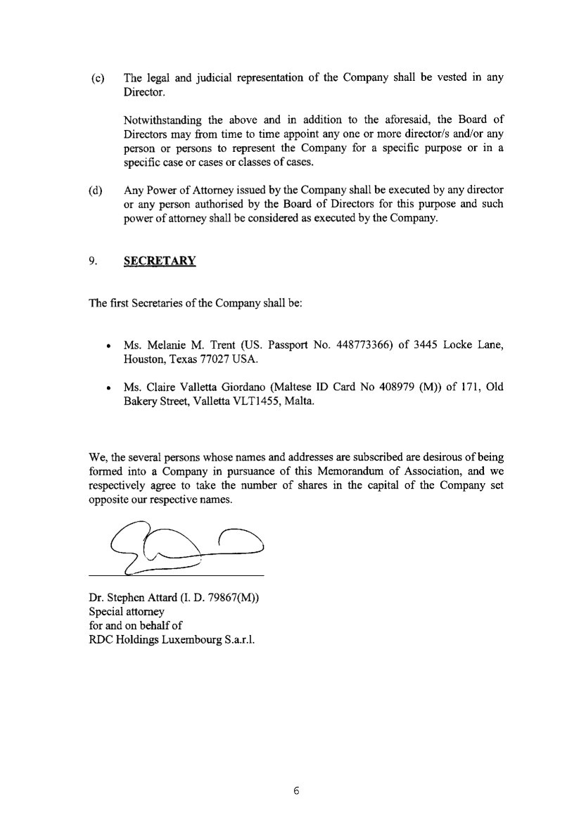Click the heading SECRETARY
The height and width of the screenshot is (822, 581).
pos(160,261)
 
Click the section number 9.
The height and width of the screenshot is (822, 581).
pos(94,261)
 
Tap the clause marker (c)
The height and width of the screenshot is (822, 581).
pos(98,77)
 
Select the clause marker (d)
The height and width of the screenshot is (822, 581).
pos(98,190)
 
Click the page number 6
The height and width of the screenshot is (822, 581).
pos(296,790)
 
